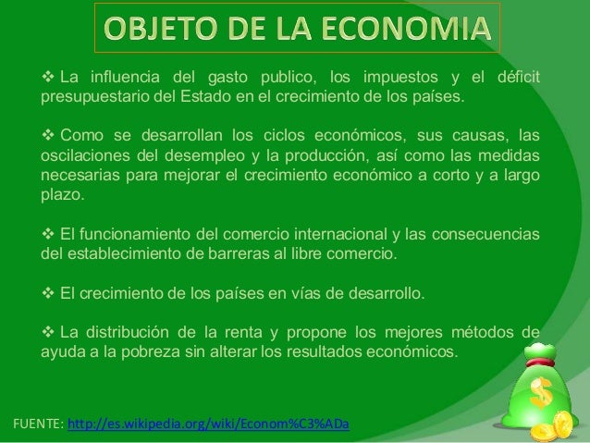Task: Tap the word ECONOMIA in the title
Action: coord(415,31)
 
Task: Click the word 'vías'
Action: coord(320,295)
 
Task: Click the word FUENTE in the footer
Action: coord(34,425)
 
